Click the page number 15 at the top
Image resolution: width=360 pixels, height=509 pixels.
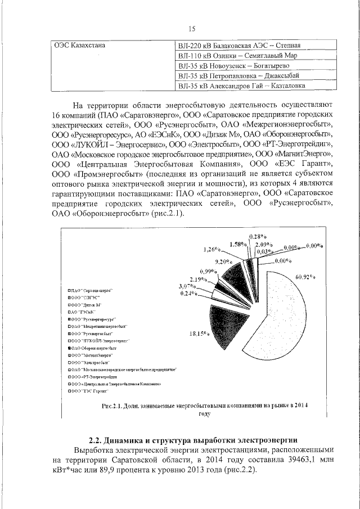coord(191,29)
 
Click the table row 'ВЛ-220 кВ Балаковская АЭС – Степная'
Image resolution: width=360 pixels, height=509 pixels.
coord(239,46)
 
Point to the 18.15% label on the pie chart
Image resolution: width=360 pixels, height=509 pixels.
coord(200,334)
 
